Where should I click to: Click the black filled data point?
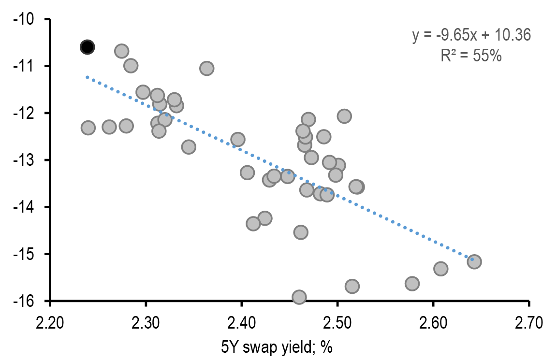point(87,47)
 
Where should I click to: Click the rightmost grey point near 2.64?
point(474,261)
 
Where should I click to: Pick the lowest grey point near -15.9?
point(299,297)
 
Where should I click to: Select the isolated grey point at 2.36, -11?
point(207,68)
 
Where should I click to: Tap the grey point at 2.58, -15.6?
point(412,283)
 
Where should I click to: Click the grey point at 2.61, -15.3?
point(440,268)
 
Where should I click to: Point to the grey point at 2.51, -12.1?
point(344,116)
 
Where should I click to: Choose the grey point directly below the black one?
point(88,128)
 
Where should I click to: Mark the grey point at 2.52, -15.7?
point(352,286)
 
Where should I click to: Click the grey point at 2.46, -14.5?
point(301,232)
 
